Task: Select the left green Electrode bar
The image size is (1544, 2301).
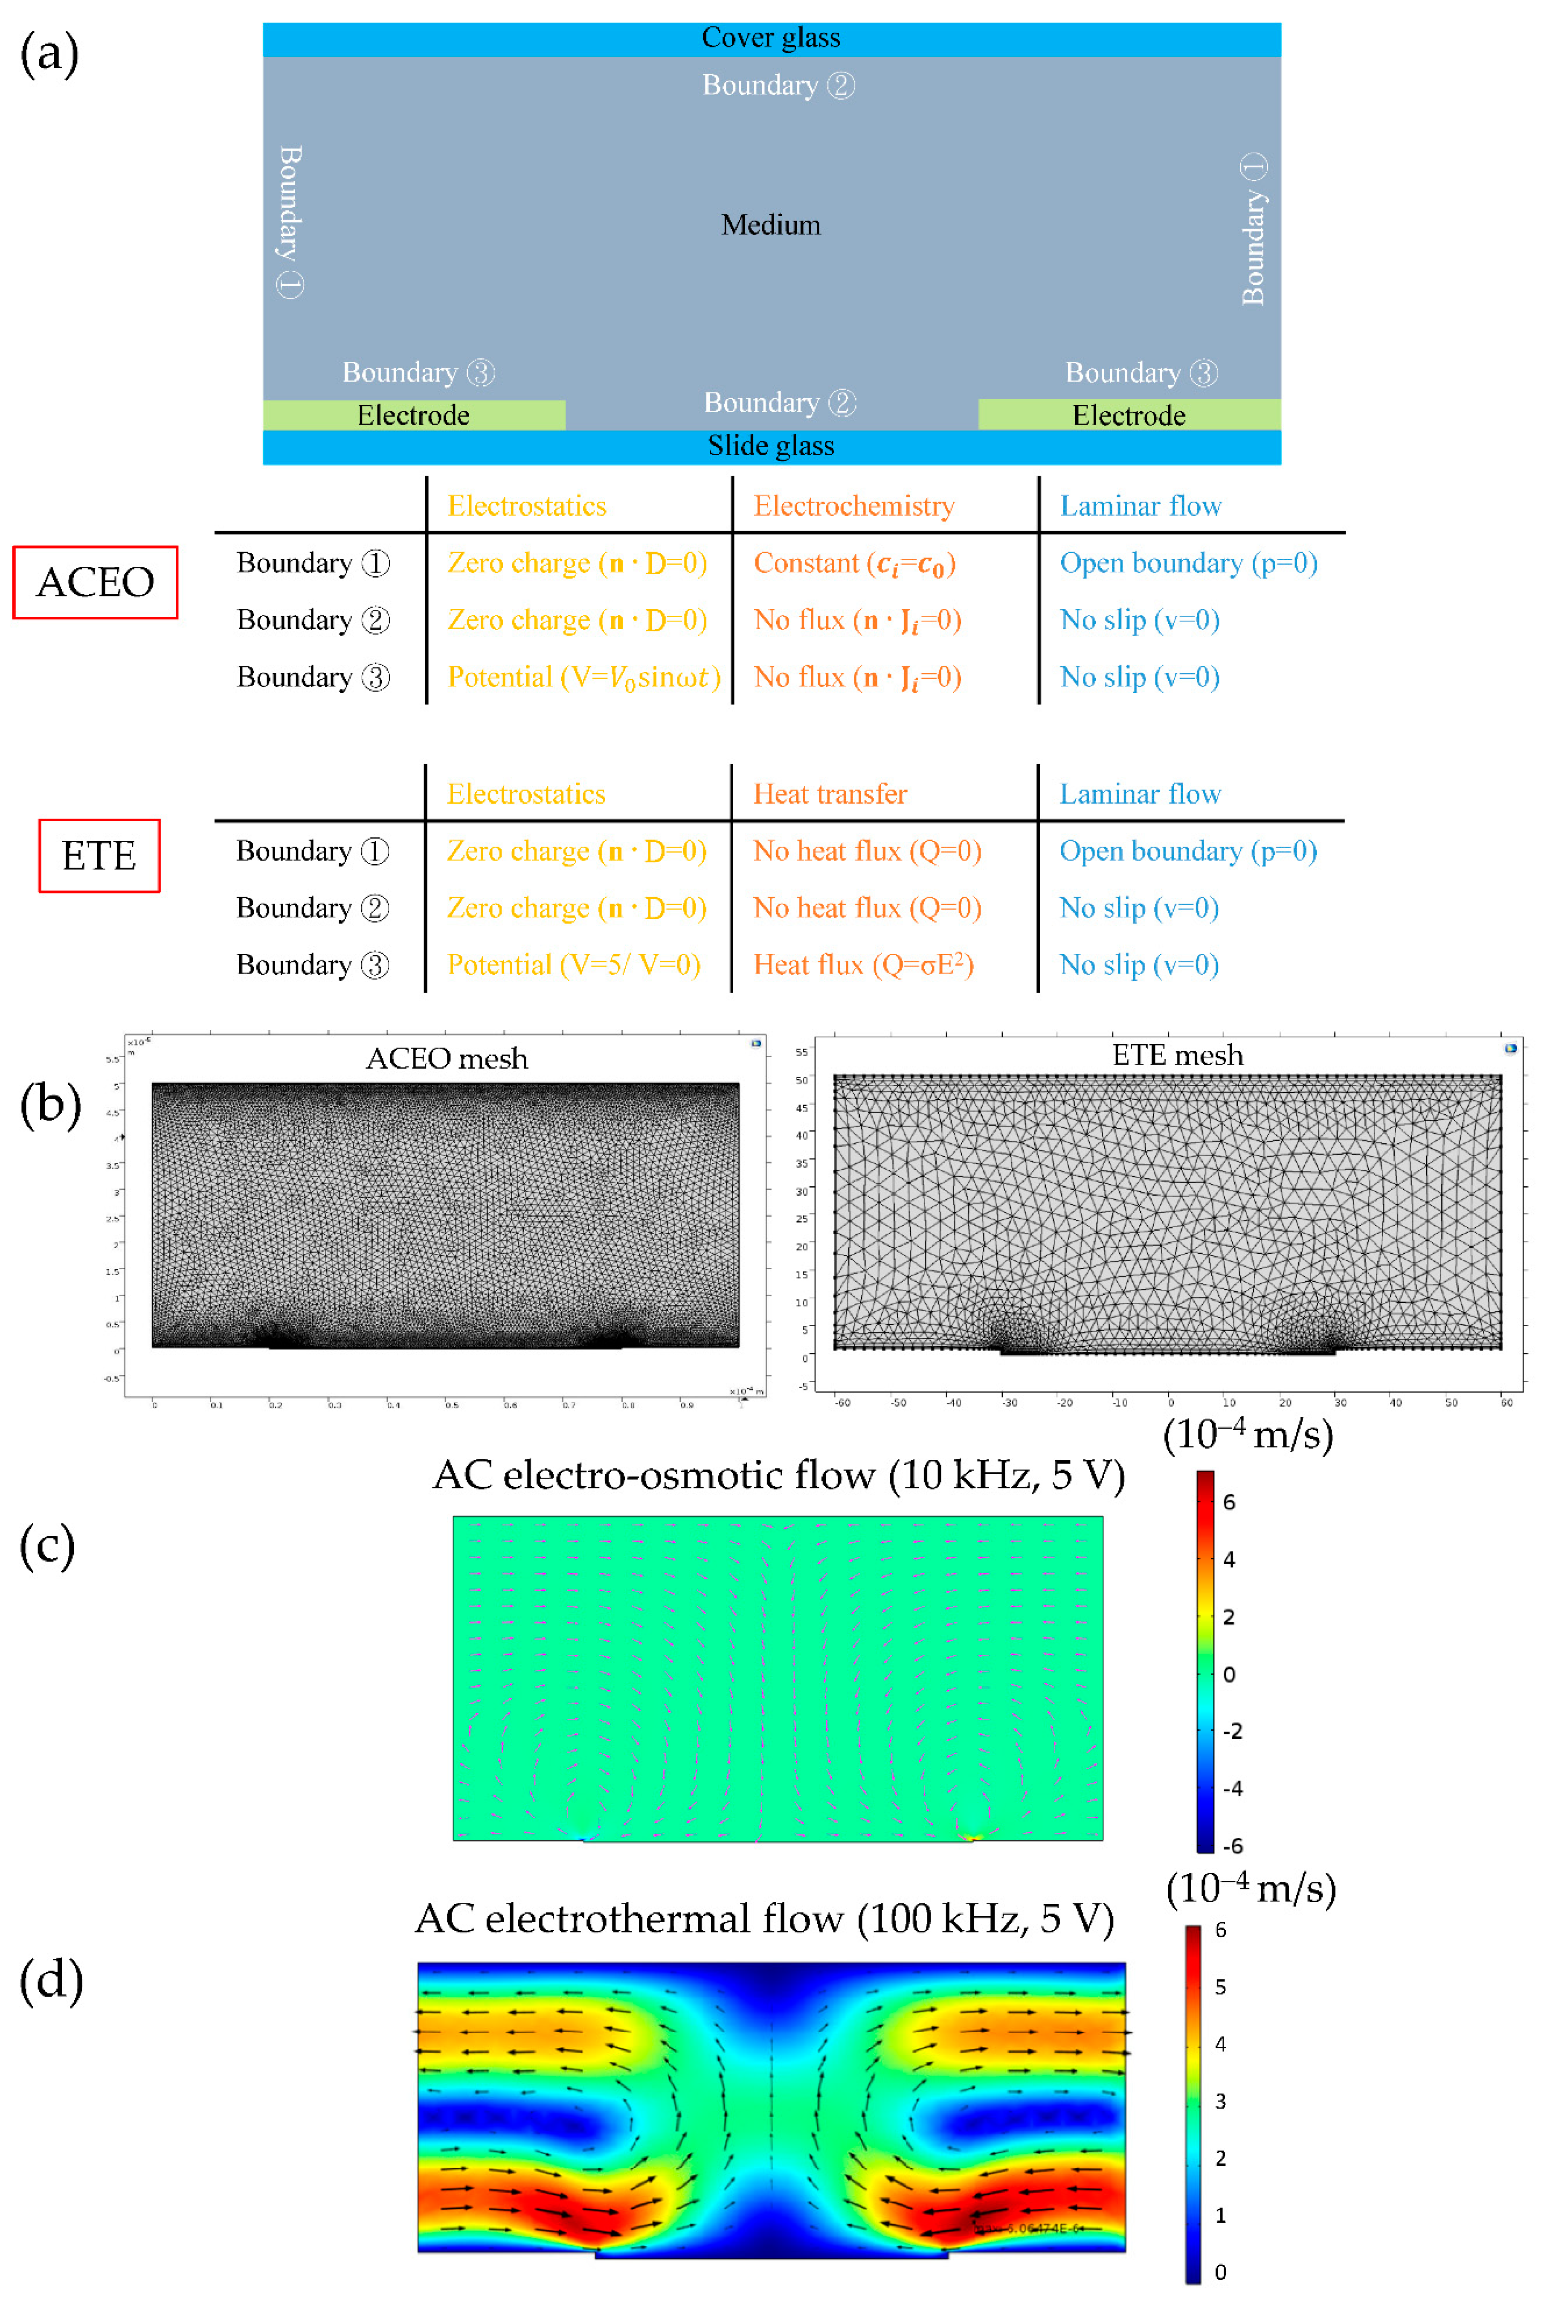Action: (x=414, y=415)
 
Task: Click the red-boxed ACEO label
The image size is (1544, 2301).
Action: (x=96, y=582)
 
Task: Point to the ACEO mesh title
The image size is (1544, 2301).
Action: (x=446, y=1058)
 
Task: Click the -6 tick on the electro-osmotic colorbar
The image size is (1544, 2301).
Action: (x=1232, y=1845)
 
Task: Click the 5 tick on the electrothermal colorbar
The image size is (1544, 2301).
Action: (x=1220, y=1987)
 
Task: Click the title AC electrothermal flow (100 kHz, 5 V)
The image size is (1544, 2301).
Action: (x=764, y=1918)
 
